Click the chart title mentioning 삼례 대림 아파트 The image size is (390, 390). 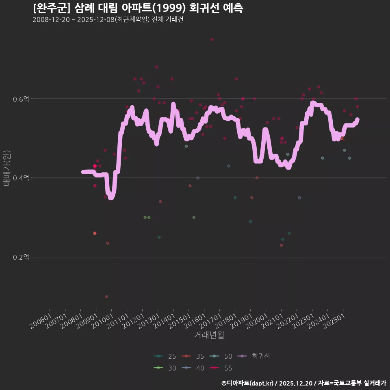[x=138, y=8]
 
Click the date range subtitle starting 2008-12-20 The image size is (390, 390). [x=108, y=20]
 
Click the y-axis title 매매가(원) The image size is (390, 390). [x=6, y=168]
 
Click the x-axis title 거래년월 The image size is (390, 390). [x=209, y=335]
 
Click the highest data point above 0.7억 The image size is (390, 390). [x=212, y=39]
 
